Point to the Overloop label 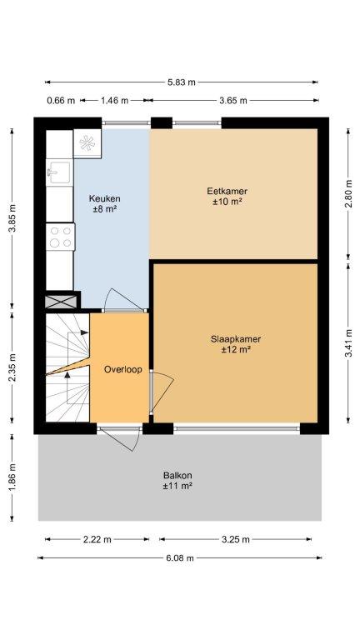[x=122, y=369]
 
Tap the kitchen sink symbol [x=60, y=172]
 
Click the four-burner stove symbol [x=60, y=237]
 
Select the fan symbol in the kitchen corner [x=87, y=142]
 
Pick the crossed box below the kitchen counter [x=61, y=302]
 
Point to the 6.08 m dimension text [x=180, y=558]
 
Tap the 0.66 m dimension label [x=61, y=100]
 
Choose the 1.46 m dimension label [x=115, y=100]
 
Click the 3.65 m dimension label [x=233, y=100]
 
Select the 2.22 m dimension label [x=97, y=539]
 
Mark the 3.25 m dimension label [x=236, y=539]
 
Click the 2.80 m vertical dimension [x=348, y=193]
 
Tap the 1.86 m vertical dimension [x=12, y=477]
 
